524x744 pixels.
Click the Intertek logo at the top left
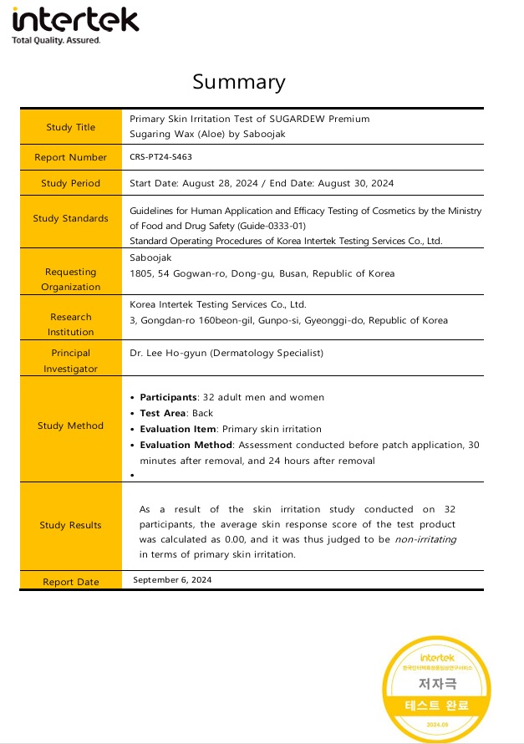click(x=75, y=24)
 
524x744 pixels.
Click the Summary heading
click(x=238, y=82)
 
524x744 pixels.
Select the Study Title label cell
click(x=71, y=127)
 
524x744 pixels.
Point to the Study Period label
click(x=71, y=183)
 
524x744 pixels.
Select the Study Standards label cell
click(x=71, y=218)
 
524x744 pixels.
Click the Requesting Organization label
click(x=71, y=279)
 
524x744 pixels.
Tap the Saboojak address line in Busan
click(x=262, y=273)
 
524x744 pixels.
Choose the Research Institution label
click(x=71, y=324)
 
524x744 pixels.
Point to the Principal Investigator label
click(x=71, y=361)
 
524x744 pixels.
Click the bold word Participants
click(x=168, y=397)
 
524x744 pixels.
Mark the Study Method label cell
click(x=71, y=426)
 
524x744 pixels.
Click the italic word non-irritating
click(x=425, y=540)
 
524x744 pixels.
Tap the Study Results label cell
click(x=71, y=525)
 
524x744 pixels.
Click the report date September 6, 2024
click(x=172, y=579)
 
